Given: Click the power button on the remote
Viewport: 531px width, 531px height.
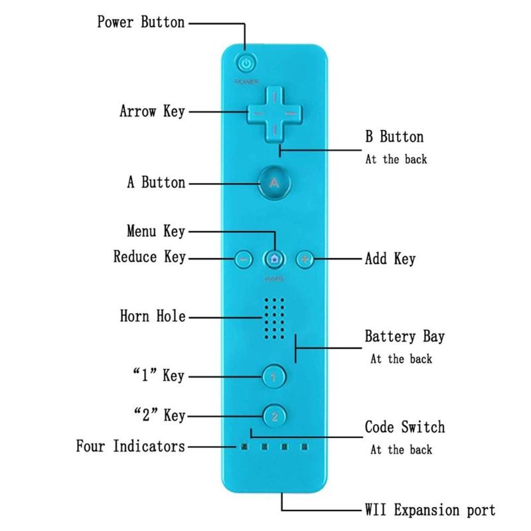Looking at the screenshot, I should tap(246, 64).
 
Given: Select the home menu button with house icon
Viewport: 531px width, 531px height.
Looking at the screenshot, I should tap(274, 259).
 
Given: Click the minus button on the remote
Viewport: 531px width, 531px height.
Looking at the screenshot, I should tap(243, 259).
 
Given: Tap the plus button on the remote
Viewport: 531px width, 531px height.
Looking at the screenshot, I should tap(304, 259).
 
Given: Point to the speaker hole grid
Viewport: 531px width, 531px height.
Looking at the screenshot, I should tap(274, 317).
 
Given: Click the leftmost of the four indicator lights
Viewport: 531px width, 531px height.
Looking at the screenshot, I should tap(244, 447).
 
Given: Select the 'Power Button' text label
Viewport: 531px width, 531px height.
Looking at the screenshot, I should tap(141, 22).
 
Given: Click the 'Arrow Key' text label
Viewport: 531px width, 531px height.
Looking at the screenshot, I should tap(152, 111).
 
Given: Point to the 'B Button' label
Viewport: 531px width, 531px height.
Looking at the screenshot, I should tap(394, 137).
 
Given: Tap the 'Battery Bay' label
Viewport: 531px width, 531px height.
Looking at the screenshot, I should tap(404, 336).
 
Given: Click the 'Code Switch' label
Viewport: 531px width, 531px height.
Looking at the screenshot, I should tap(404, 427).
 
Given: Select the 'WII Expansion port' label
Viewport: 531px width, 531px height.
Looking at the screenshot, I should tap(429, 510).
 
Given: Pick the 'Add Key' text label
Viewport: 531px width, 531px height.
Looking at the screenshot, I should tap(390, 258).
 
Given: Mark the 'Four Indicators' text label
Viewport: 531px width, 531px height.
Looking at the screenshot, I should tap(130, 446).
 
